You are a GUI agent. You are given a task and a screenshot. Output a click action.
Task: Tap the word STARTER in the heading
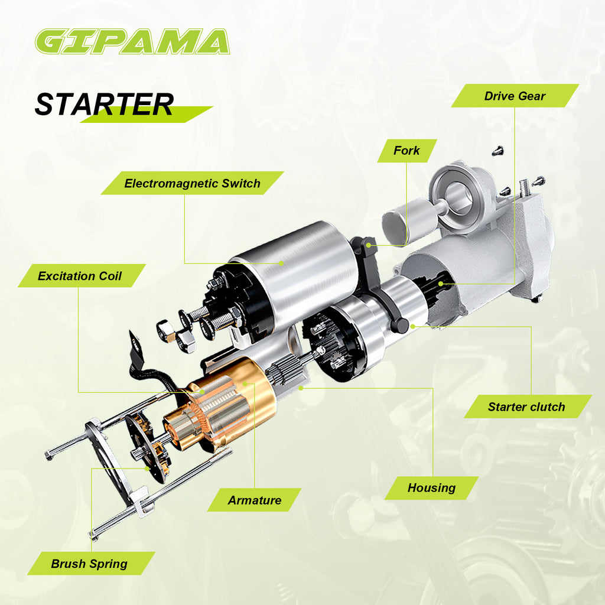tap(104, 105)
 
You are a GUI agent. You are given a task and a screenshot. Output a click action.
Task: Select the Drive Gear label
tap(515, 96)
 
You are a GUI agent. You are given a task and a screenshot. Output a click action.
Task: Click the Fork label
tap(406, 151)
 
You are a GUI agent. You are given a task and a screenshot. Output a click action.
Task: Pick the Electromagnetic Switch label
tap(192, 183)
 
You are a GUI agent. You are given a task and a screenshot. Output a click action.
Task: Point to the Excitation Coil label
tap(80, 276)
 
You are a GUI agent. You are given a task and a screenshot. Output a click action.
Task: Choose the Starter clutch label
tap(526, 406)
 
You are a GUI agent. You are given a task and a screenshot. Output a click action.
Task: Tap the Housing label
tap(431, 488)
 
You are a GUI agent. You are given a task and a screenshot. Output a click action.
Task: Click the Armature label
tap(255, 500)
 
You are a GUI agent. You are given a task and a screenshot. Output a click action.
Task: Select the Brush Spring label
tap(89, 564)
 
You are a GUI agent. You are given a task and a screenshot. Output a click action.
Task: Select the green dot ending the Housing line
tap(301, 388)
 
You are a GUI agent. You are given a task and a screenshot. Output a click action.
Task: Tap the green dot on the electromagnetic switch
tap(282, 262)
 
